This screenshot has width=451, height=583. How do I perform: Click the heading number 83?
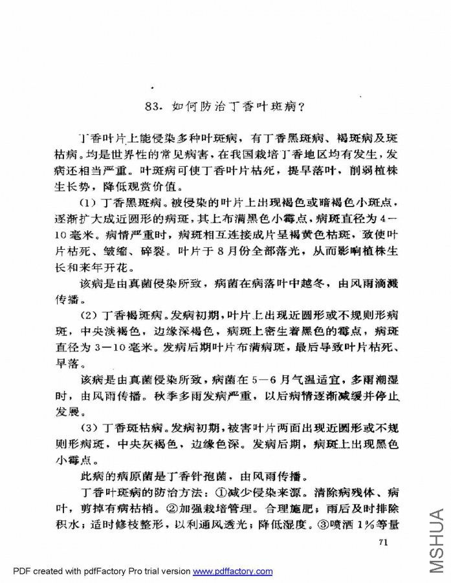[x=155, y=105]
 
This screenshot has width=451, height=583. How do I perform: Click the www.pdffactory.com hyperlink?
[x=233, y=571]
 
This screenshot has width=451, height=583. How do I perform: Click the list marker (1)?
[x=89, y=203]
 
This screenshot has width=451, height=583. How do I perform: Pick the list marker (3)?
[x=89, y=429]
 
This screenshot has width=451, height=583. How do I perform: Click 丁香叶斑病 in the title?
[x=263, y=105]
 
